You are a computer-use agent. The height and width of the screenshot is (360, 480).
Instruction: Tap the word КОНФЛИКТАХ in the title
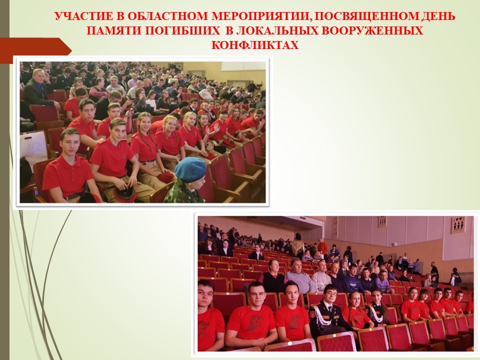click(x=254, y=45)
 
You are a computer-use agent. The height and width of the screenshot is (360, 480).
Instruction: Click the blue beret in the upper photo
click(x=190, y=169)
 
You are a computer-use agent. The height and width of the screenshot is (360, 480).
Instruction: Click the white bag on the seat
click(x=33, y=146)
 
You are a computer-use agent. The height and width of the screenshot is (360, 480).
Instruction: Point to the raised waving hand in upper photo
click(x=216, y=126)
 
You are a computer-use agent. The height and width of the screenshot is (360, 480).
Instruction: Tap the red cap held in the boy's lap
click(x=124, y=193)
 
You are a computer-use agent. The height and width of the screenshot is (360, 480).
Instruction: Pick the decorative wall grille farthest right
click(x=458, y=224)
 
